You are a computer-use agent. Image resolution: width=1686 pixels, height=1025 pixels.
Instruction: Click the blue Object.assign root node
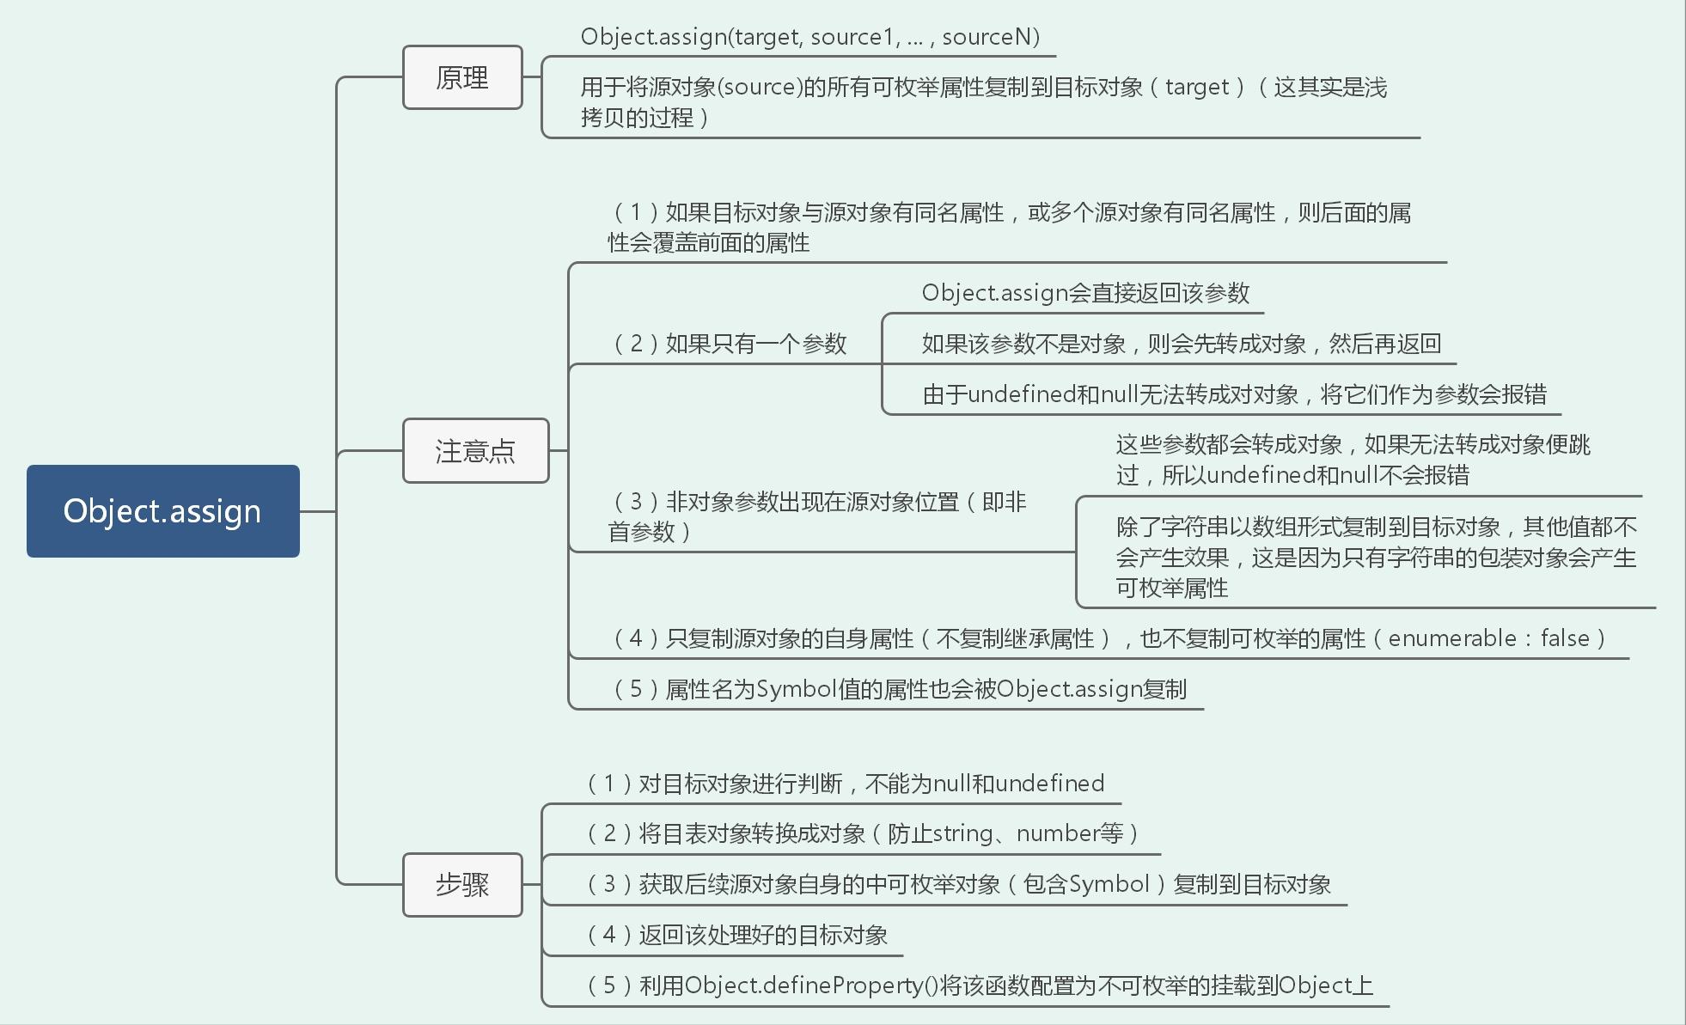coord(162,511)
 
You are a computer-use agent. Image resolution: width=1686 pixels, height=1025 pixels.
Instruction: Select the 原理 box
coord(462,78)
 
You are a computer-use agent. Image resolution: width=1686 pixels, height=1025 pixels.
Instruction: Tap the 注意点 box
coord(475,451)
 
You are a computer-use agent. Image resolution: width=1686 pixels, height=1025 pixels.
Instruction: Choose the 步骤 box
coord(462,885)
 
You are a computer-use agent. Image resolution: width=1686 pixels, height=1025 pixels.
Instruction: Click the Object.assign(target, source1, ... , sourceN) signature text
coord(809,37)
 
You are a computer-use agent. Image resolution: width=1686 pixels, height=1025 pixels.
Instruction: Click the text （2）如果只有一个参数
coord(730,344)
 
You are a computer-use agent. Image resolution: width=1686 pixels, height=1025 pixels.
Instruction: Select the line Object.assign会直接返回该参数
coord(1085,293)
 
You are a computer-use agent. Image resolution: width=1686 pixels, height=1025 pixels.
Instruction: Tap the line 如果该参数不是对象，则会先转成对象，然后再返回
coord(1181,344)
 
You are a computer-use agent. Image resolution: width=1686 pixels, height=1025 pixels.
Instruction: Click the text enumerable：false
coord(1488,638)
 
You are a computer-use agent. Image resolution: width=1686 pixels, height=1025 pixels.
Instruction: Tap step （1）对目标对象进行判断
coord(845,784)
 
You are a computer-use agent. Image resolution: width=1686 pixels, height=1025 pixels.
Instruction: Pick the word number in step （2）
coord(1057,833)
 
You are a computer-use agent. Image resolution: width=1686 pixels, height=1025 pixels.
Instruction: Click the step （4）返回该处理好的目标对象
coord(736,935)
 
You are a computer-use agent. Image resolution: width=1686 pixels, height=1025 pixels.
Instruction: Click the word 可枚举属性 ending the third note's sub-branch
coord(1171,589)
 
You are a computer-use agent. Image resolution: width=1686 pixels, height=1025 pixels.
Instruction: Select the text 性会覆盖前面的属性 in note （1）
coord(708,243)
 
